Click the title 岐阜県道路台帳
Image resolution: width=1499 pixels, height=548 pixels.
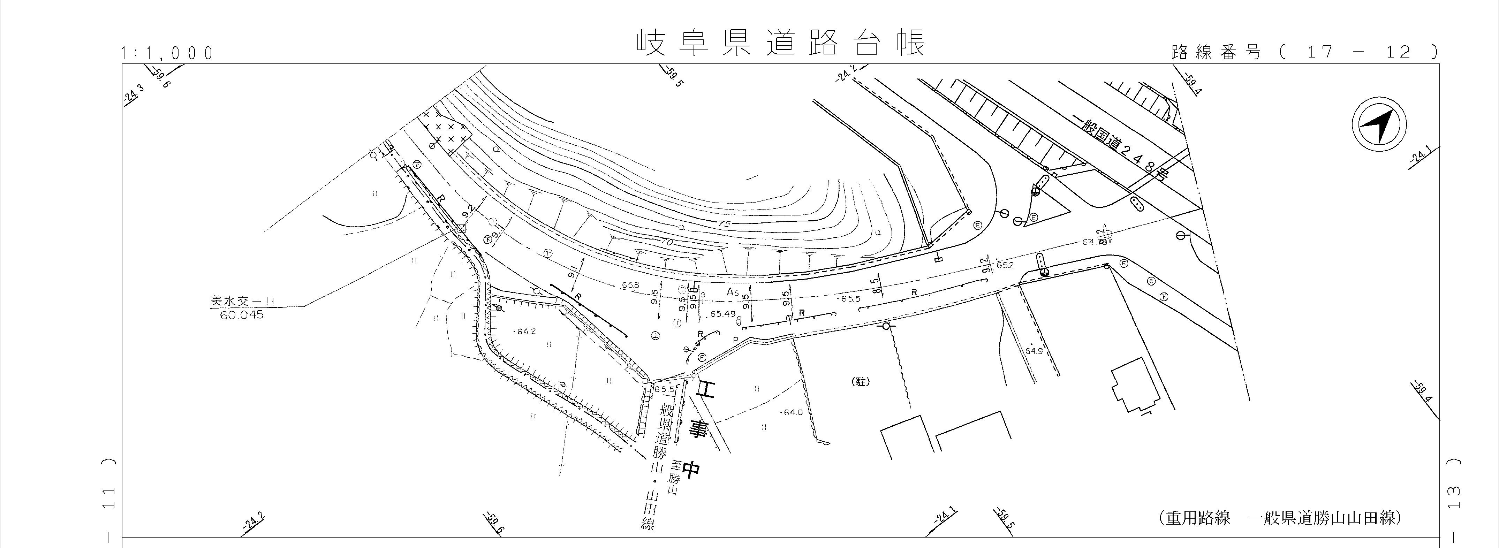780,44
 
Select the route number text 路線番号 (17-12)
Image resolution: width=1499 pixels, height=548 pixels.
1303,52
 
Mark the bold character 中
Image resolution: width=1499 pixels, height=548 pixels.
691,469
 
